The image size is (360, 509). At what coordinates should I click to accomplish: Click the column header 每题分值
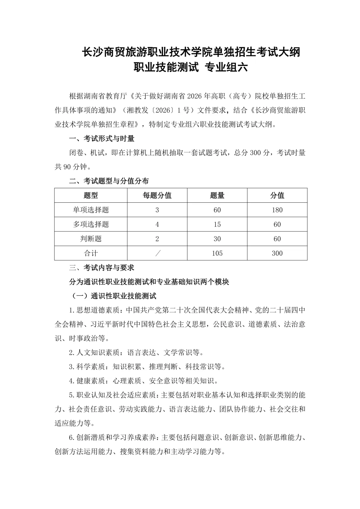157,195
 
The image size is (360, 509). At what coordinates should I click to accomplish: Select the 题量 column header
217,195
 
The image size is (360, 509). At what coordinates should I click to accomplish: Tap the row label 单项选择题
91,210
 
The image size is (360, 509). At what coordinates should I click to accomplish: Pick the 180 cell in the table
277,210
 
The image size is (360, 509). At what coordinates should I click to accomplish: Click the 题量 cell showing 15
217,224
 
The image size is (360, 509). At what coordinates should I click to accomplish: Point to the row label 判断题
91,239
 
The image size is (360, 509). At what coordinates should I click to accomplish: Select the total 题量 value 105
217,253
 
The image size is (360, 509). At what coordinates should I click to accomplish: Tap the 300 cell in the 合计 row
277,253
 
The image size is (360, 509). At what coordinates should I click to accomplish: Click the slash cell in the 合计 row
157,253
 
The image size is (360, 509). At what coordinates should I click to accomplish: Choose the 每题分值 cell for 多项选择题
157,224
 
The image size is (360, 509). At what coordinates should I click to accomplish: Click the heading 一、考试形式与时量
102,139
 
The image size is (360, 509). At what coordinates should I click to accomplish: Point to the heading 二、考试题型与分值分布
109,181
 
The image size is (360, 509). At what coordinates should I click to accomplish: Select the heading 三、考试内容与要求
102,268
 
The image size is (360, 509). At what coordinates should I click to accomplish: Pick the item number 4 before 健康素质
71,381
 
